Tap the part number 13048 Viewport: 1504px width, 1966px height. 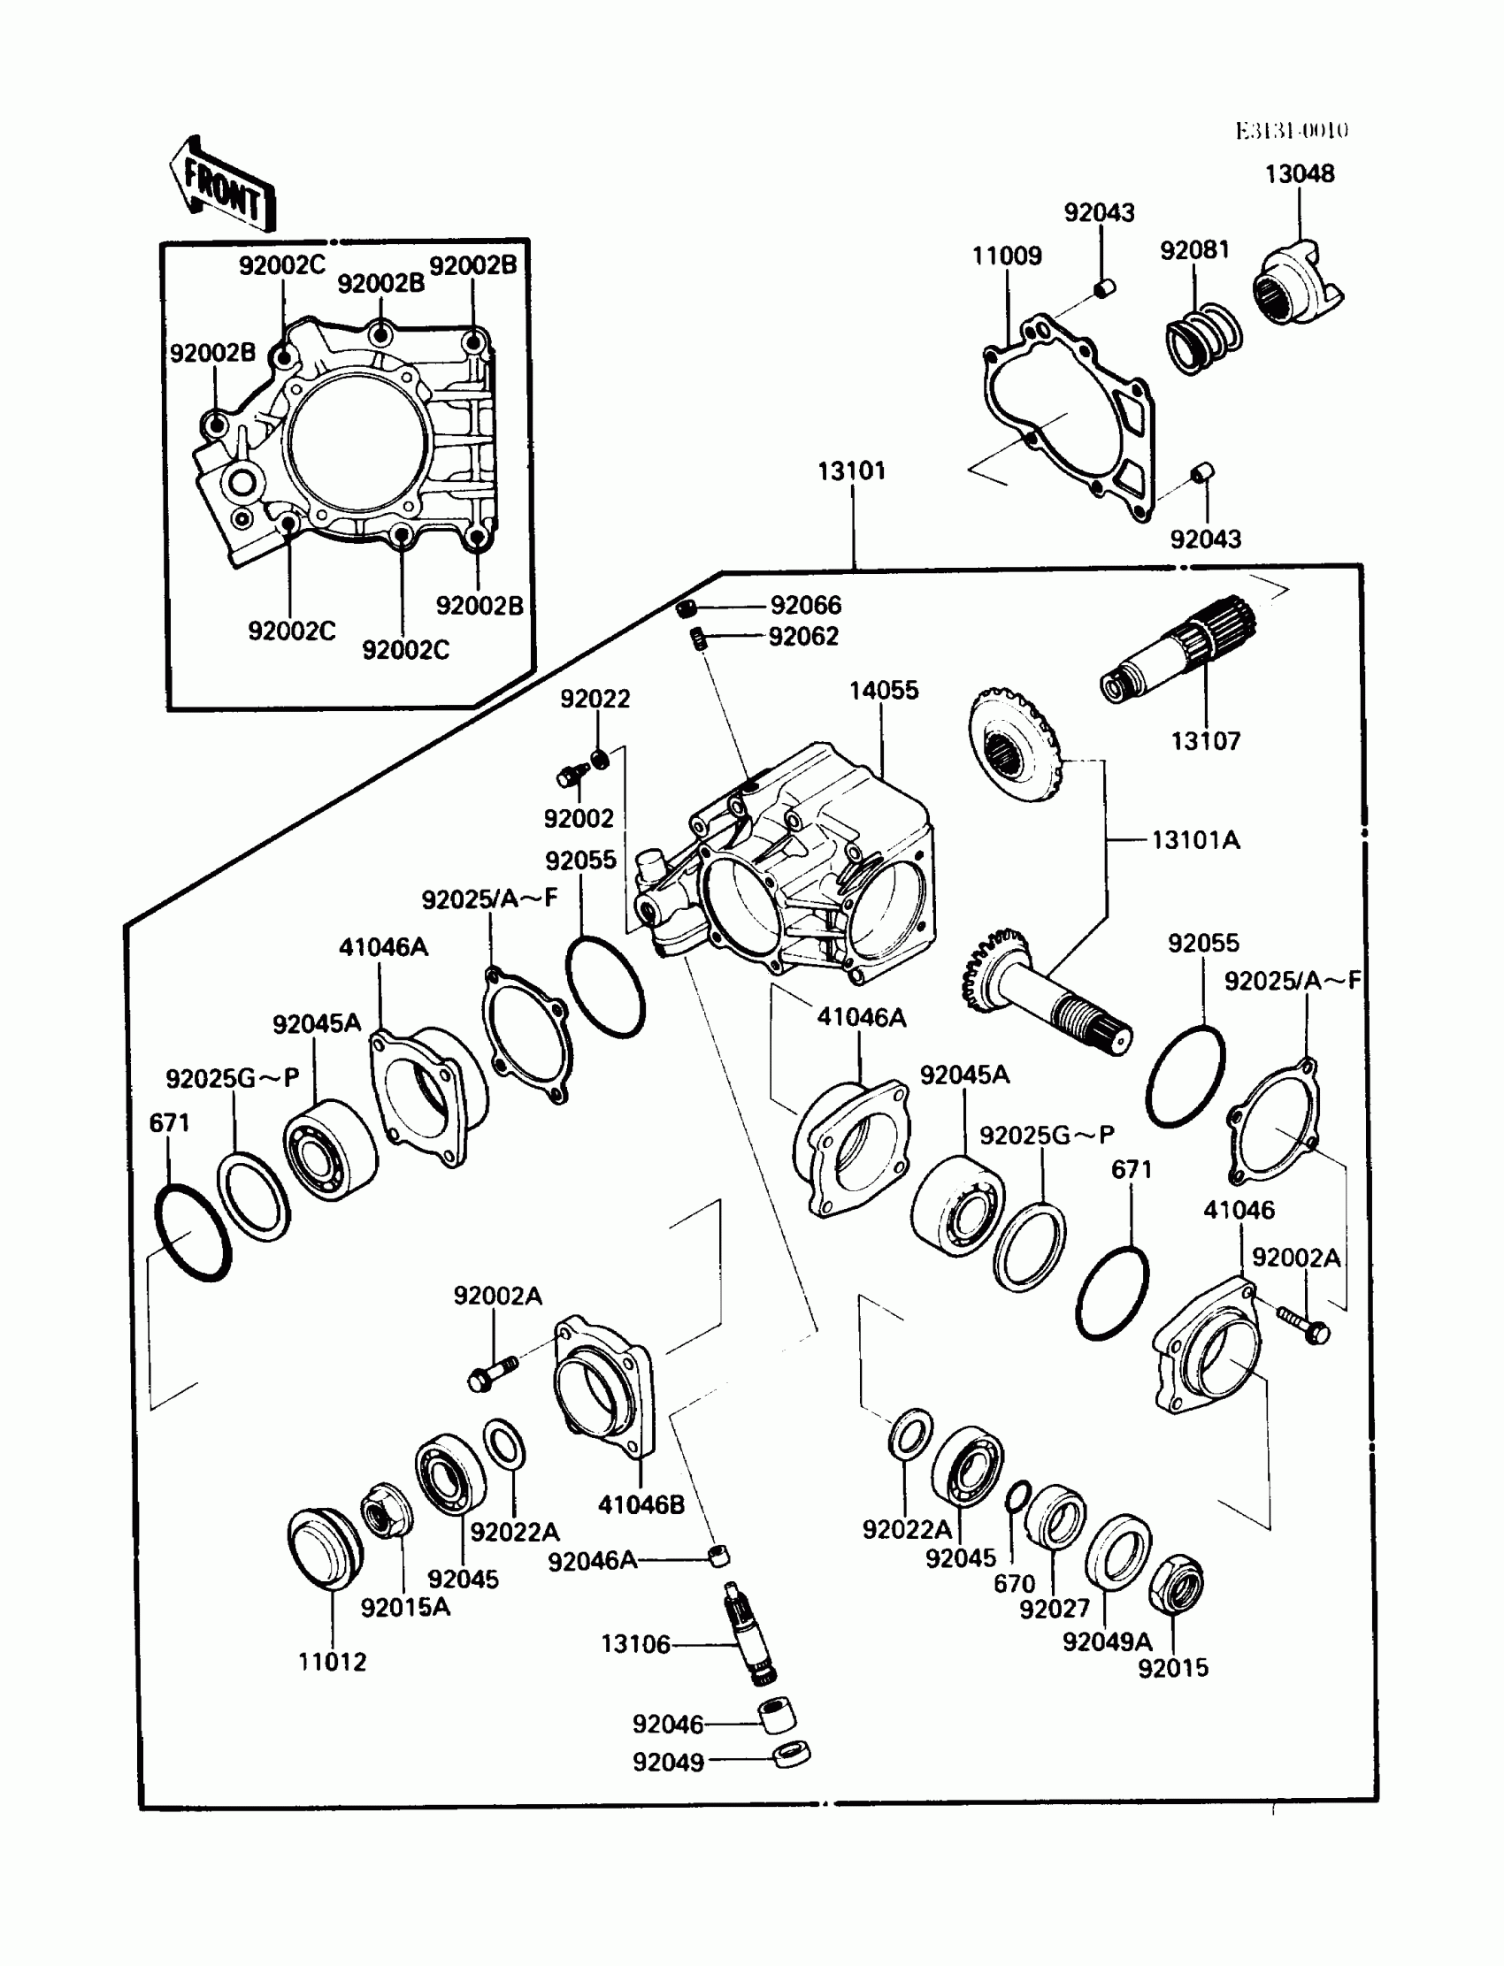click(1299, 173)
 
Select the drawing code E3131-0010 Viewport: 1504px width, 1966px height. click(1292, 131)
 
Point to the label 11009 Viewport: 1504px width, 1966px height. click(1007, 256)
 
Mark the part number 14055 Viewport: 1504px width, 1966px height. click(884, 690)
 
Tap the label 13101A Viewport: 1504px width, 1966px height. click(1195, 840)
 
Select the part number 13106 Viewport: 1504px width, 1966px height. click(634, 1644)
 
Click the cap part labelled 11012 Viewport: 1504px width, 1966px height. click(325, 1548)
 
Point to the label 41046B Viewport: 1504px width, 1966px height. click(641, 1504)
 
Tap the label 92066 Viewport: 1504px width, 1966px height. click(806, 606)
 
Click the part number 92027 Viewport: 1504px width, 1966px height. click(1055, 1608)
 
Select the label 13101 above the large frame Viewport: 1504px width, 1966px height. click(851, 470)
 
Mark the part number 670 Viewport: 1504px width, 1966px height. click(1014, 1583)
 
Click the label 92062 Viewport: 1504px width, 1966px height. click(803, 637)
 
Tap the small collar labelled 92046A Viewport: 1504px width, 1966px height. click(717, 1557)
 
